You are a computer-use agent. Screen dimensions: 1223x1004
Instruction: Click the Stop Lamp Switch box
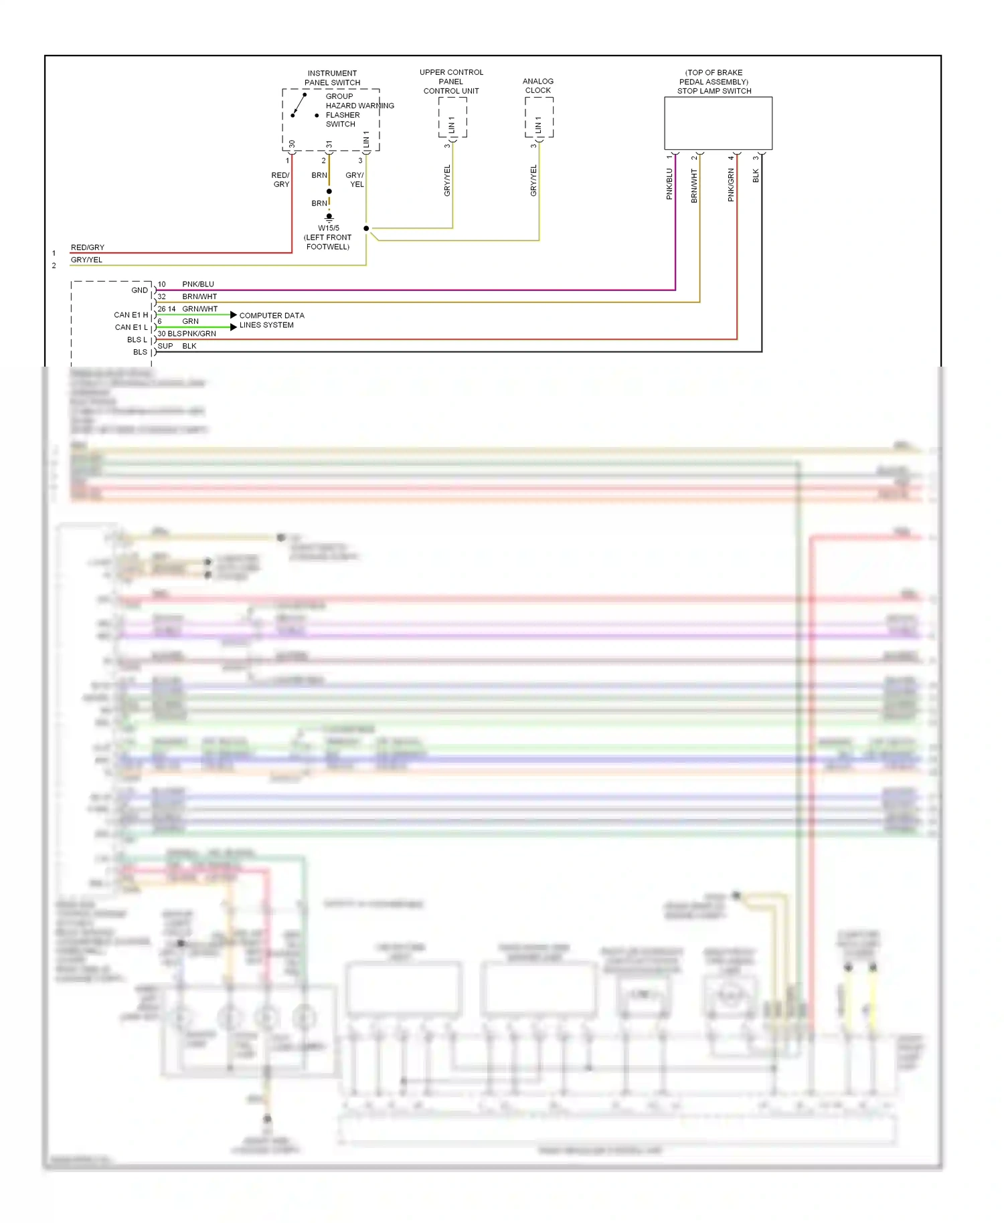[718, 123]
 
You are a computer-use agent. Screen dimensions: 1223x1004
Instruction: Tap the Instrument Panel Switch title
[332, 78]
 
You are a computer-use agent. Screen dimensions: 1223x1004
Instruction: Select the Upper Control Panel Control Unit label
[451, 82]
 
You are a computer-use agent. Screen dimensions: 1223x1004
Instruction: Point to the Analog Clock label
[538, 86]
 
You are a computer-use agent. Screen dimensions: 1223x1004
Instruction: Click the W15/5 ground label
[328, 238]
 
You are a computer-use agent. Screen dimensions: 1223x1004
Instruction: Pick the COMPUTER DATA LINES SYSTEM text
[271, 320]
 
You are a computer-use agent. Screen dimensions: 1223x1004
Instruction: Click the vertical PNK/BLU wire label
[669, 184]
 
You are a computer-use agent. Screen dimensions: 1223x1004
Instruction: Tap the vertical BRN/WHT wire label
[694, 185]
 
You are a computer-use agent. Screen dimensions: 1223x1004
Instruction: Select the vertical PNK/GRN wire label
[731, 185]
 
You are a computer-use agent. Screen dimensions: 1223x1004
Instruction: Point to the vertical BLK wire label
[756, 176]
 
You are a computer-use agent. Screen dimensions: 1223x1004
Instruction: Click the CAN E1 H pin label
[131, 314]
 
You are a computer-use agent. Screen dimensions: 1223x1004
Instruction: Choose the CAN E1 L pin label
[131, 327]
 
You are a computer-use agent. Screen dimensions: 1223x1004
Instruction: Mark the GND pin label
[139, 290]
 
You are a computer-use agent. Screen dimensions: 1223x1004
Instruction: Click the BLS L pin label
[137, 340]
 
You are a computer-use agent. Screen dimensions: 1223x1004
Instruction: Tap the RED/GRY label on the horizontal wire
[88, 248]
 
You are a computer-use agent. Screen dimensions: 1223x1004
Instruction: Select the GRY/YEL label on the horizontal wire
[87, 260]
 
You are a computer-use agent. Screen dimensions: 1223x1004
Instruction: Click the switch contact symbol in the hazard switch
[299, 105]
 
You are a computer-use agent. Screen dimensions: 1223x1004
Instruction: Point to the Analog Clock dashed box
[539, 117]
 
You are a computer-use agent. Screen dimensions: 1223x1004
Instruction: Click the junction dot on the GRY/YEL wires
[366, 228]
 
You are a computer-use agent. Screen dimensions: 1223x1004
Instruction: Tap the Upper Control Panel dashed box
[453, 117]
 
